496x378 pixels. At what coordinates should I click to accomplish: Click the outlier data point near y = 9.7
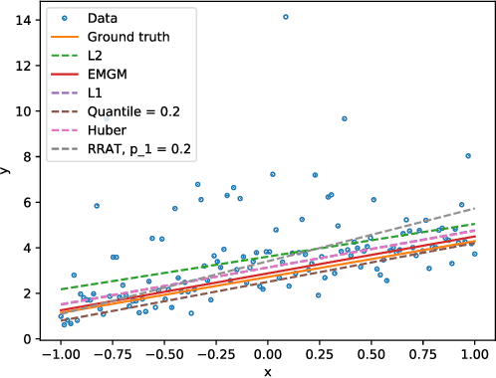(x=345, y=118)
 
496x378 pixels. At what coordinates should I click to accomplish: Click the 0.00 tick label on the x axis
(x=267, y=354)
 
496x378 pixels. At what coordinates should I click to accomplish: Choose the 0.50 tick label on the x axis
(x=371, y=354)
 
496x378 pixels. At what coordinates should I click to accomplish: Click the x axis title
(x=267, y=370)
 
